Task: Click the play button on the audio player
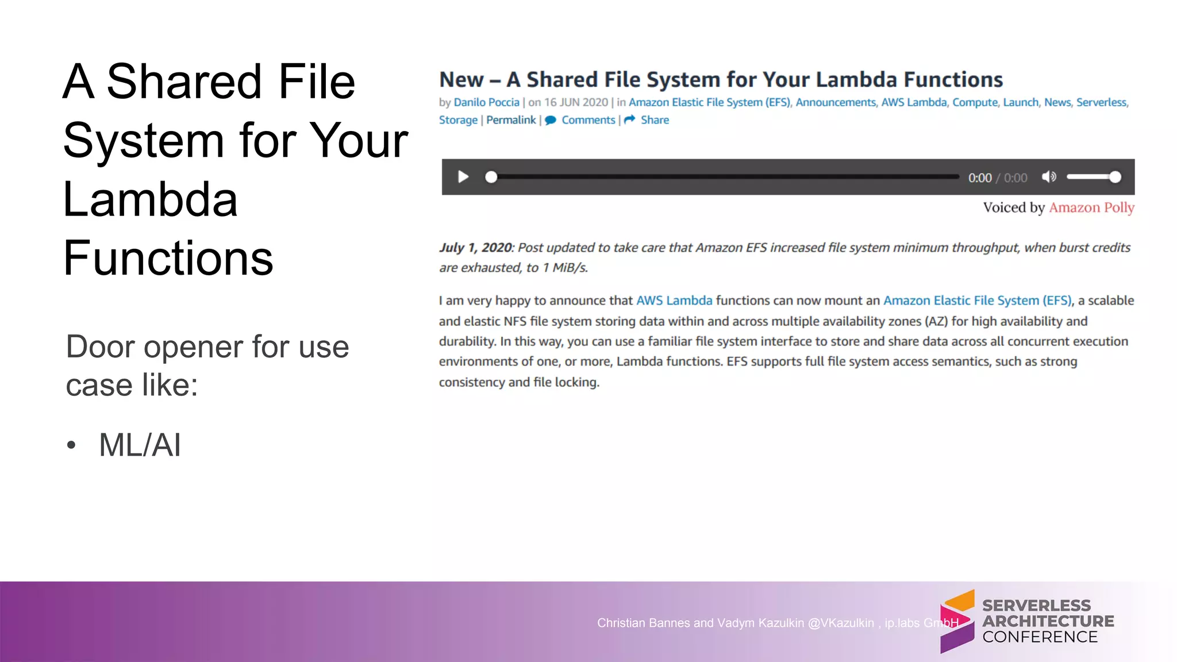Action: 463,177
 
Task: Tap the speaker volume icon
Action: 1049,177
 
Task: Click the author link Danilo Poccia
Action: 486,102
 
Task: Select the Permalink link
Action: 511,120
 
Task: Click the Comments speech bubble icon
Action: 551,120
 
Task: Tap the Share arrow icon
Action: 630,120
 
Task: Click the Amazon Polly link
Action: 1091,207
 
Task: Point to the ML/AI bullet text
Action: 140,445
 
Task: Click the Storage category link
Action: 458,120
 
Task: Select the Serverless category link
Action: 1101,102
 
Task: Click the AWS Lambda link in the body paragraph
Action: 674,301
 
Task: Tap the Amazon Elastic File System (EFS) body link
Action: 977,301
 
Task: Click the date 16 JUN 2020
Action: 576,102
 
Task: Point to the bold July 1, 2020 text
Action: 476,248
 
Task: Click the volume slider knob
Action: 1115,177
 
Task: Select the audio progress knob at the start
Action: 491,177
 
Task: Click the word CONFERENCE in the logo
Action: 1040,637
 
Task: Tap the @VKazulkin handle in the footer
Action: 840,623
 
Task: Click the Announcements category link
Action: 836,102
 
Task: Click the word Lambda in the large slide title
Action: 150,199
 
